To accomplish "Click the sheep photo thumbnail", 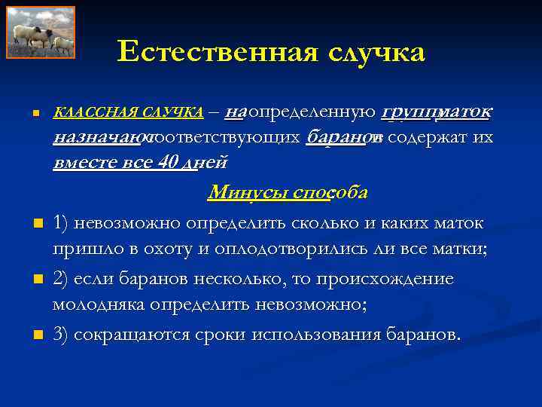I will [x=41, y=32].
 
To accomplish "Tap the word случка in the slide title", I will [x=366, y=52].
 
